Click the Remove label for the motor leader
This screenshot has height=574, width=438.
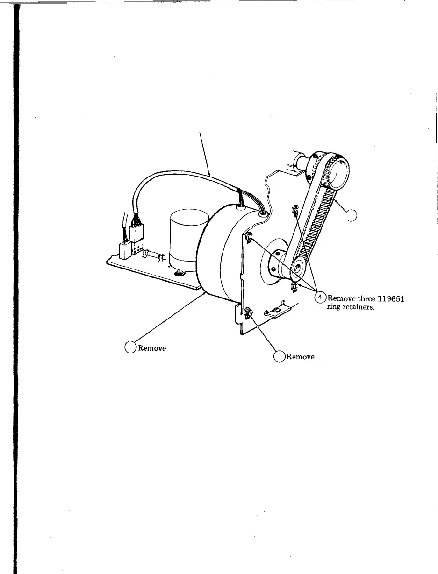tap(151, 348)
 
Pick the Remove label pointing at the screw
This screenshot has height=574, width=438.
tap(300, 357)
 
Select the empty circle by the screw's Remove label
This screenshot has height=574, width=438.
tap(279, 357)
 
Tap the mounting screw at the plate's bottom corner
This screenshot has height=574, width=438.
tap(248, 312)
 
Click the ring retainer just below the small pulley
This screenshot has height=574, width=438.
tap(294, 285)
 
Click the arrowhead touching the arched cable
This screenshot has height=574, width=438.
tap(210, 175)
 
